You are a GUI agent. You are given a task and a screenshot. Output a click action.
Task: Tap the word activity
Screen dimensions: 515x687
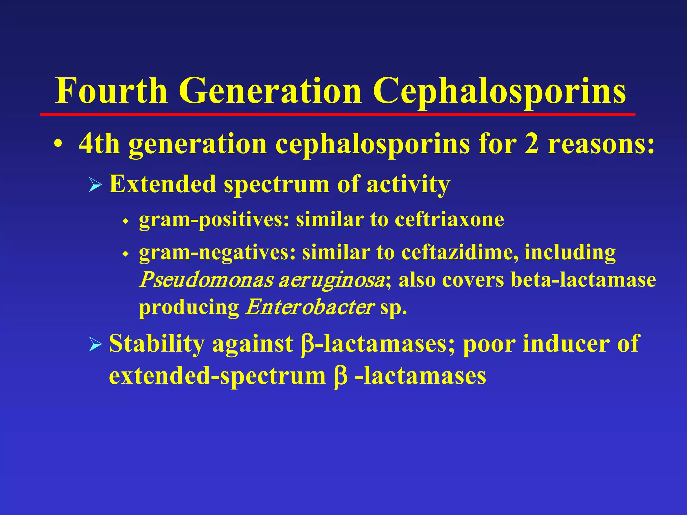pyautogui.click(x=408, y=184)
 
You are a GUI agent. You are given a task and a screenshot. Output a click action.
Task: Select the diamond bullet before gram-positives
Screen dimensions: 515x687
pyautogui.click(x=126, y=221)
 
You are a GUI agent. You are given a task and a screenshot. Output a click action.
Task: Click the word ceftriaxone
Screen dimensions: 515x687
pyautogui.click(x=449, y=220)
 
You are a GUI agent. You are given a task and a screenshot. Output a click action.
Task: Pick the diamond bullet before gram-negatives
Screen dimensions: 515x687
pyautogui.click(x=126, y=254)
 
